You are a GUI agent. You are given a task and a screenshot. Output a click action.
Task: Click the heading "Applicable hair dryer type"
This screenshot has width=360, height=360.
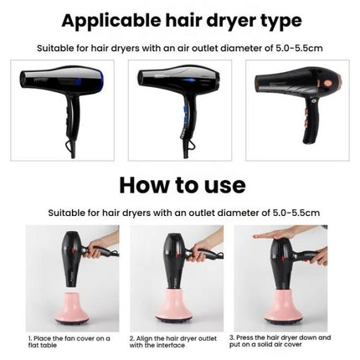tap(182, 21)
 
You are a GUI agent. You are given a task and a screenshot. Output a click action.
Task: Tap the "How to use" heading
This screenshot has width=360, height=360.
tap(183, 185)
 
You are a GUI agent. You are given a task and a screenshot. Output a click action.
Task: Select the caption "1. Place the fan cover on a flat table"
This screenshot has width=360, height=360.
tap(69, 342)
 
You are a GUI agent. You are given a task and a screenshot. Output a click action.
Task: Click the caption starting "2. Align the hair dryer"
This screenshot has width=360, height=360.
tap(173, 342)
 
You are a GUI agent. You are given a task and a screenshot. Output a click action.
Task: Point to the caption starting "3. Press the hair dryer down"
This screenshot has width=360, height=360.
tap(280, 341)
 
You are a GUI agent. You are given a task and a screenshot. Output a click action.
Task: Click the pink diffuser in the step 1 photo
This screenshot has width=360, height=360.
tap(72, 308)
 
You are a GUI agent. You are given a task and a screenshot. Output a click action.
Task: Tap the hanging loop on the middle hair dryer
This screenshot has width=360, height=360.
tap(190, 144)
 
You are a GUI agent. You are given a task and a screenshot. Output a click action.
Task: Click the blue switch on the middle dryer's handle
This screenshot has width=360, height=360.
tap(185, 114)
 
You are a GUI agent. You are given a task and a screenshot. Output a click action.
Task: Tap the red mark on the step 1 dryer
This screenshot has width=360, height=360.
tap(74, 248)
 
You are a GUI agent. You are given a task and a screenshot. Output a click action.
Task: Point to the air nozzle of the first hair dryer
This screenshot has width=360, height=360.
tap(25, 80)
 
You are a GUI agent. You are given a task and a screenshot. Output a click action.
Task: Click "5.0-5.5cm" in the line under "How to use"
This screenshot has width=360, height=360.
tap(296, 213)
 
